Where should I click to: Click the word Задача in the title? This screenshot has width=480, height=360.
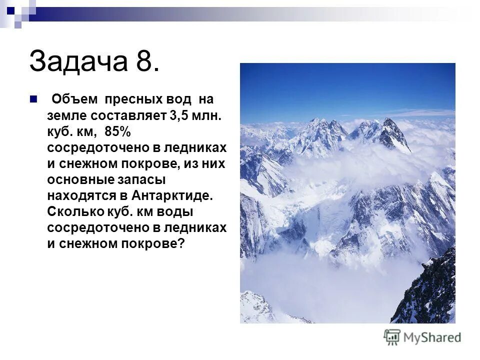[x=77, y=61]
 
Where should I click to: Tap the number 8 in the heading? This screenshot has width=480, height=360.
[x=145, y=61]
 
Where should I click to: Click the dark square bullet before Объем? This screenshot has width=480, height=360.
[x=33, y=98]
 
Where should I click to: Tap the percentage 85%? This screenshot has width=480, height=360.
[x=117, y=131]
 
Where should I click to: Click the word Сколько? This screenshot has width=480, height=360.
[x=75, y=211]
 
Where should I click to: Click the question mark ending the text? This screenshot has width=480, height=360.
[x=181, y=243]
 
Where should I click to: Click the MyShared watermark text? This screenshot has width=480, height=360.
[x=432, y=337]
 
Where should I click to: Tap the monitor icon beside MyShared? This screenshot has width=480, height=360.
[x=392, y=337]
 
